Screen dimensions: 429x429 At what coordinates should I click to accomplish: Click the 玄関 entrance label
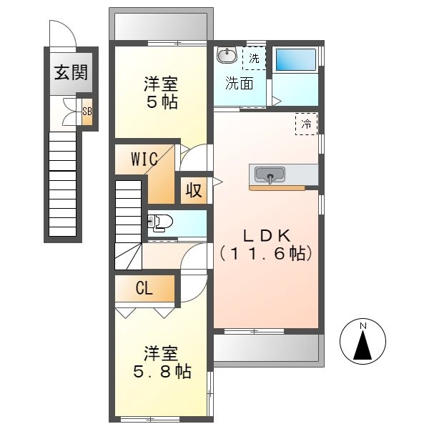click(64, 72)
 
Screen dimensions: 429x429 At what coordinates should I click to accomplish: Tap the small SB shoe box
click(87, 111)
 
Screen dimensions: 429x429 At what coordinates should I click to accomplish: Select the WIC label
click(143, 159)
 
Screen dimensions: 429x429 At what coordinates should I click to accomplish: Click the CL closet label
click(144, 289)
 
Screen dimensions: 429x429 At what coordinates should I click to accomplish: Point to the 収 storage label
click(194, 191)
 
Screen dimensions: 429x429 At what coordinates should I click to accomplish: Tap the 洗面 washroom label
click(240, 83)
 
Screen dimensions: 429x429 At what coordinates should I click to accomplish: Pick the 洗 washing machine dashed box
click(255, 58)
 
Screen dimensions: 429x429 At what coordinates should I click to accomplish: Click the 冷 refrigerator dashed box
click(306, 124)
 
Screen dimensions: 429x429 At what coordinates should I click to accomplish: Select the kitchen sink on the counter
click(270, 174)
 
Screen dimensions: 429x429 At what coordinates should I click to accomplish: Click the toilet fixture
click(160, 223)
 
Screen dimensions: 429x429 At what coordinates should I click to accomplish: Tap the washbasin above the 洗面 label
click(227, 55)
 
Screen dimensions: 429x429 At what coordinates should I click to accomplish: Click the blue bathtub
click(295, 60)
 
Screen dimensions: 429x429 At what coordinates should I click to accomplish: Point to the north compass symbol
click(363, 341)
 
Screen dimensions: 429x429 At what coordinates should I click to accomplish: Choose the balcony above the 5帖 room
click(161, 26)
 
